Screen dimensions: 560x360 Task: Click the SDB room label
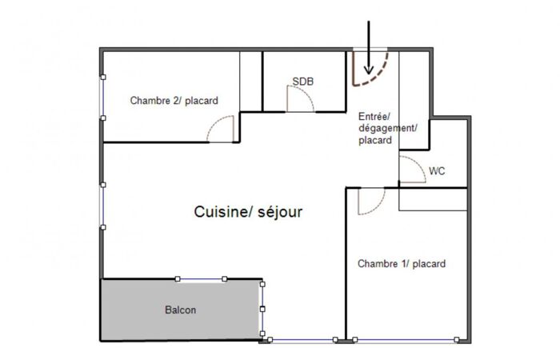303,82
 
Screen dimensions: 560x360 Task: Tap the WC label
437,171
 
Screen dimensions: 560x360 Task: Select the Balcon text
180,310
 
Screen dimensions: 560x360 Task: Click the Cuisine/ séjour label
248,212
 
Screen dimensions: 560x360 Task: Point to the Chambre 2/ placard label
174,101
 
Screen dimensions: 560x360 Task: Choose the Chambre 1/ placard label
402,264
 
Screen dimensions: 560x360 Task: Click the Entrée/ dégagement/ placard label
387,128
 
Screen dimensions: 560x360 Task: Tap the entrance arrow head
369,70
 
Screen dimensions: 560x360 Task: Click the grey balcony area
180,310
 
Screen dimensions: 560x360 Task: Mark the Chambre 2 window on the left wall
103,98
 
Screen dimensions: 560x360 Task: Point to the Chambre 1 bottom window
406,340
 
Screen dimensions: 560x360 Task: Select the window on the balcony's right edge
262,309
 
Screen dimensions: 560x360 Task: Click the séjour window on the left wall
103,206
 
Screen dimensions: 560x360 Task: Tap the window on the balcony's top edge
201,279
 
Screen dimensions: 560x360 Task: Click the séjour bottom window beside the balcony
303,340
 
